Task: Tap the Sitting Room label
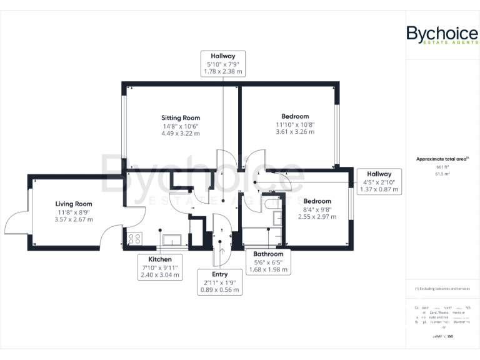[181, 117]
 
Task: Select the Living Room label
[74, 204]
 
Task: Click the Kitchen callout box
[160, 267]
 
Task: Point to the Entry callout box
[219, 282]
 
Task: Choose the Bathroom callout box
[268, 262]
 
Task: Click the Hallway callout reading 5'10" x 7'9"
[222, 64]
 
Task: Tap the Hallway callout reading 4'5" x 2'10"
[379, 181]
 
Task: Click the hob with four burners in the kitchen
[134, 237]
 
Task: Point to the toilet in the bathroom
[272, 204]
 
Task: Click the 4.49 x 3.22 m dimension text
[181, 133]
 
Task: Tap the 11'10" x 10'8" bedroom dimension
[295, 124]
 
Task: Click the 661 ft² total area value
[442, 167]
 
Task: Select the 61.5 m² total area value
[442, 175]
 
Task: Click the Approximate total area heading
[442, 159]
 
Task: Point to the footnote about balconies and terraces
[442, 289]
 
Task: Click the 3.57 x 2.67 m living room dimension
[74, 219]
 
